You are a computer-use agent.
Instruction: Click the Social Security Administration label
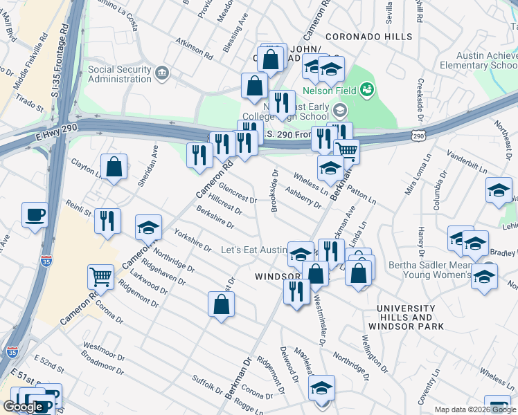point(119,74)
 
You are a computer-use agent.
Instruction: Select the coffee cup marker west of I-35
point(35,214)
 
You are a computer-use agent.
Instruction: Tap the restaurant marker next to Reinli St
point(107,221)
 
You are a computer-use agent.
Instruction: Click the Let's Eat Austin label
point(253,250)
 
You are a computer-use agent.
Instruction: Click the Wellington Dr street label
point(375,351)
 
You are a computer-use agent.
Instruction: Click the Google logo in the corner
point(23,407)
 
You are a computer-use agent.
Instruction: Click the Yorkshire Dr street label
point(193,239)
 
